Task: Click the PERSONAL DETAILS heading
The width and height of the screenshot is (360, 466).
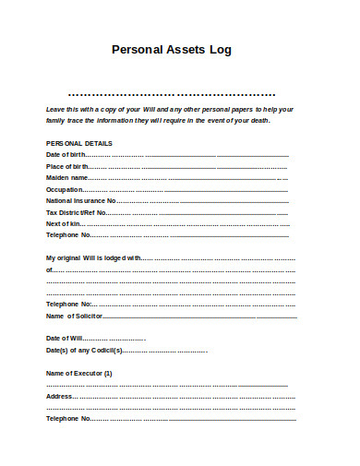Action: tap(79, 144)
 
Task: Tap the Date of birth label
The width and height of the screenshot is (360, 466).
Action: tap(65, 155)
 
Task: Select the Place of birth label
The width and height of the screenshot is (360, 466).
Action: tap(66, 166)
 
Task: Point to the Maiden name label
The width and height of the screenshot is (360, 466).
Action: tap(66, 177)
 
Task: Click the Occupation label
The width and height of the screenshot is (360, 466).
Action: tap(65, 189)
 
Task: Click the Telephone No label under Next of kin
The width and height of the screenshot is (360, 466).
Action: tap(67, 235)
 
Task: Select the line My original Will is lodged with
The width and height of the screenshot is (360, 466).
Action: tap(92, 257)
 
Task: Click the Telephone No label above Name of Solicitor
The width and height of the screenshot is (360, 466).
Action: tap(68, 304)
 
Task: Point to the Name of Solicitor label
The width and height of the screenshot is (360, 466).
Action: tap(74, 316)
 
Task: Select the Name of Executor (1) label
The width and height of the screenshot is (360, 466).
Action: tap(79, 373)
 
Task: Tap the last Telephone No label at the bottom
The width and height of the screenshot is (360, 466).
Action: tap(67, 419)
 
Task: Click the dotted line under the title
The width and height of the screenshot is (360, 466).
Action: tap(172, 94)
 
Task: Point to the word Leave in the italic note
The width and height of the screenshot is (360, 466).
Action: tap(55, 109)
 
